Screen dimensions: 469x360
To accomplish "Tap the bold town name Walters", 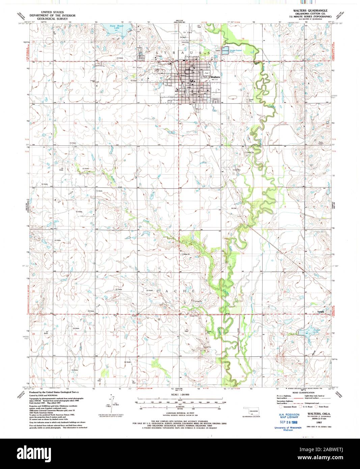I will coord(215,77).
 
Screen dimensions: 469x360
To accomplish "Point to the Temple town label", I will coord(321,311).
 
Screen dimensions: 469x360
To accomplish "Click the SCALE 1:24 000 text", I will coord(181,395).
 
